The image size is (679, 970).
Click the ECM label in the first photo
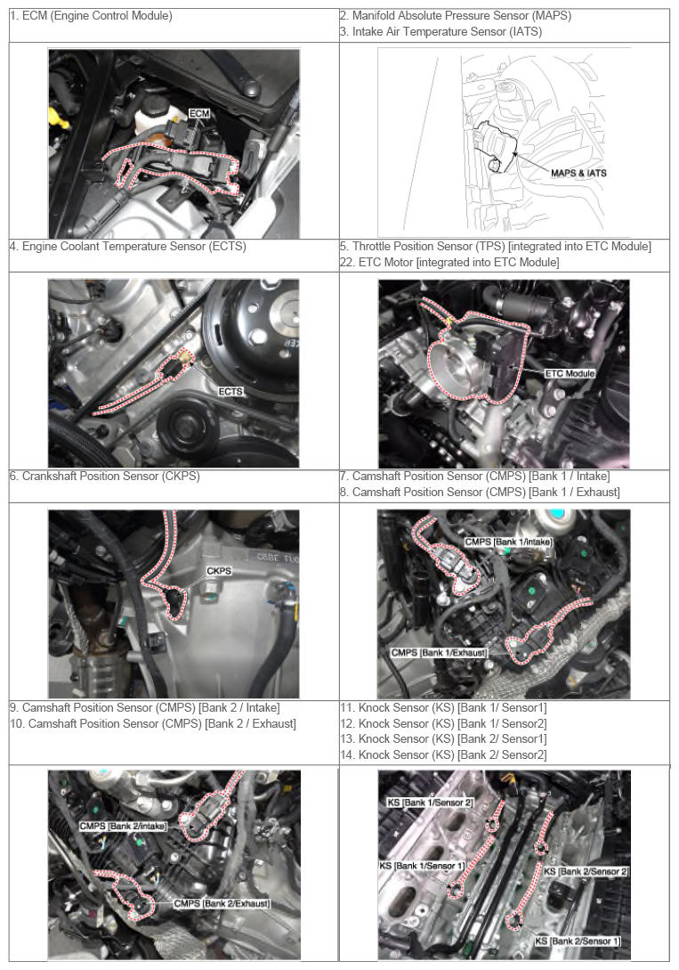199,114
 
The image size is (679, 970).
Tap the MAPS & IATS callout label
578,173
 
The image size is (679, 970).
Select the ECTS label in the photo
230,392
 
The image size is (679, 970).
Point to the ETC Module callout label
570,373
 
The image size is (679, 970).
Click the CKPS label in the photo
219,571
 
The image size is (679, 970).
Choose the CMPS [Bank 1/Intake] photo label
508,542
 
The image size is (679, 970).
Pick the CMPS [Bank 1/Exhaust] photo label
439,653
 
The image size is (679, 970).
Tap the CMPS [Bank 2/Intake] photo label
123,826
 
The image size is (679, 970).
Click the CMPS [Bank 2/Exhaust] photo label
222,904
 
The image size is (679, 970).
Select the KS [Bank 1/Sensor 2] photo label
430,803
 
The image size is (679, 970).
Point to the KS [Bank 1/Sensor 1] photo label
422,866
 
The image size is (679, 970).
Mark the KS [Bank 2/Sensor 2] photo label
586,871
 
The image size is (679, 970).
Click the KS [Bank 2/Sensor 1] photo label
578,941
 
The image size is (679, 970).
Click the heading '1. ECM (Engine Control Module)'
91,15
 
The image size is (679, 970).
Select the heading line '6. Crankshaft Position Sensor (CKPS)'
104,477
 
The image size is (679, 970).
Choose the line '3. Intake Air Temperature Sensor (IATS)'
441,31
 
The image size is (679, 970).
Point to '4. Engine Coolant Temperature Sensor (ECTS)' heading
128,246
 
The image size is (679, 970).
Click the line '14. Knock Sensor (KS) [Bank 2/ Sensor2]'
443,754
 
